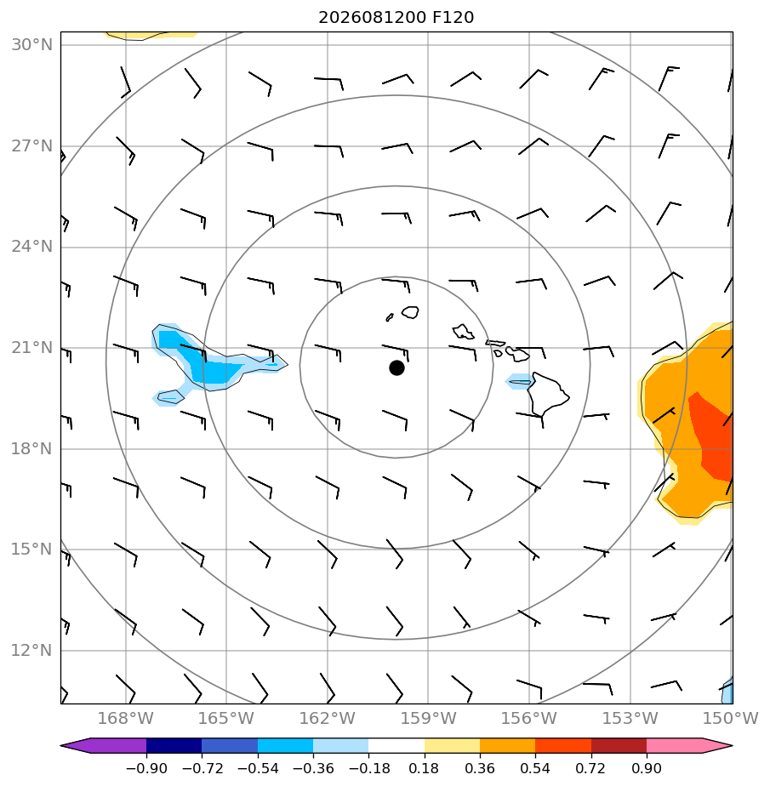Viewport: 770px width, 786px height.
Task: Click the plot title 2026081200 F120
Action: pyautogui.click(x=396, y=18)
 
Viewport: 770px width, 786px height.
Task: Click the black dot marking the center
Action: pyautogui.click(x=396, y=368)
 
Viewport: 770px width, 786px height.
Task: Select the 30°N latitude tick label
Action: pyautogui.click(x=32, y=45)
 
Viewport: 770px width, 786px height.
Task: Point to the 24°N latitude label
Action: pyautogui.click(x=32, y=247)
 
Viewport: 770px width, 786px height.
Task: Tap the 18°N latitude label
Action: pyautogui.click(x=32, y=448)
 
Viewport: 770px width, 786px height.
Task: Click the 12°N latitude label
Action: pyautogui.click(x=32, y=651)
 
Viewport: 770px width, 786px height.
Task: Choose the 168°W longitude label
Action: pyautogui.click(x=125, y=718)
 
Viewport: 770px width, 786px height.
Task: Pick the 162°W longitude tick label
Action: pyautogui.click(x=328, y=718)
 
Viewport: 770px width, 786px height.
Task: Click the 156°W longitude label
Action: pyautogui.click(x=529, y=718)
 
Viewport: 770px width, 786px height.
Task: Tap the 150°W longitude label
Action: pyautogui.click(x=730, y=718)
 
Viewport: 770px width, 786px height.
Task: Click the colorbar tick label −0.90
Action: pyautogui.click(x=146, y=768)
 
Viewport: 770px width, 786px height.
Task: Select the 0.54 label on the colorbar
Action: pyautogui.click(x=535, y=768)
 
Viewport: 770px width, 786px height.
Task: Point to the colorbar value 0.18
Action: pyautogui.click(x=424, y=768)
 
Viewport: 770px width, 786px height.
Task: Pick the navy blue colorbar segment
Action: pyautogui.click(x=174, y=745)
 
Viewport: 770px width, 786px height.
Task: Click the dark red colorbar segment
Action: pyautogui.click(x=619, y=745)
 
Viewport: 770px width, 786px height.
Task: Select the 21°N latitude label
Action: pyautogui.click(x=32, y=347)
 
